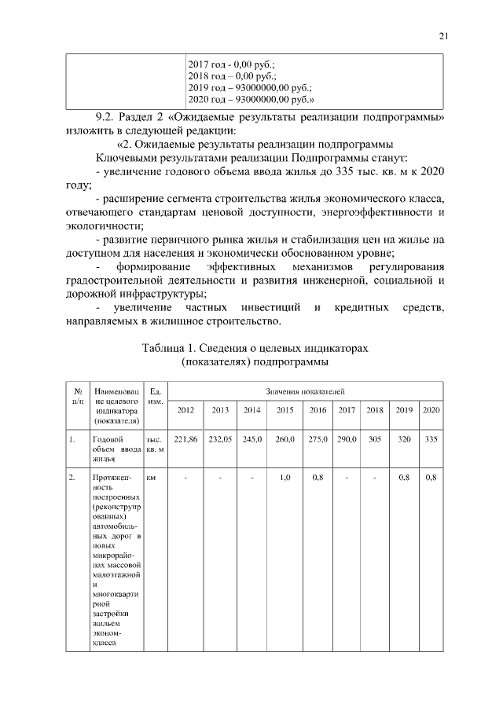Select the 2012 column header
click(185, 410)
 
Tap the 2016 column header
click(318, 410)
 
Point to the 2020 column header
click(431, 410)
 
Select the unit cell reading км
click(151, 477)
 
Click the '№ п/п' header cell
click(79, 395)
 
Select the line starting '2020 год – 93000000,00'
click(251, 100)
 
